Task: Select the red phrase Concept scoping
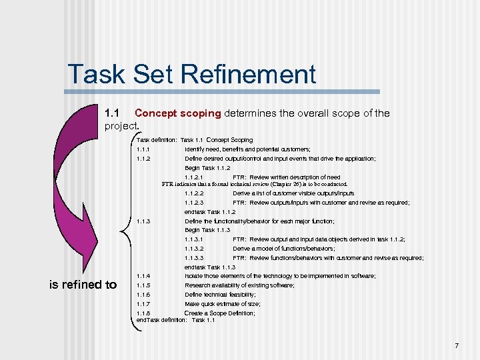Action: (x=178, y=113)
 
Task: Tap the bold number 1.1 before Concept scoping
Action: (x=115, y=113)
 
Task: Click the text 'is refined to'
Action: (x=83, y=285)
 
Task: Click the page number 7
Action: (x=456, y=345)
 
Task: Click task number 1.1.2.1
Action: (x=194, y=177)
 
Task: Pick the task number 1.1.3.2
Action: (x=194, y=249)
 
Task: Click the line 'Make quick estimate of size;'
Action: (x=223, y=303)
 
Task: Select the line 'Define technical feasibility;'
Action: (x=220, y=294)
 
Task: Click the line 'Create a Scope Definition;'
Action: (x=219, y=313)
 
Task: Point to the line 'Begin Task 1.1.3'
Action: (x=207, y=230)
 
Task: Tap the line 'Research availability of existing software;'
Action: (x=239, y=285)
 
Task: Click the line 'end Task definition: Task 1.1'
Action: (x=172, y=320)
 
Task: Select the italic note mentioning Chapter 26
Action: (x=255, y=184)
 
